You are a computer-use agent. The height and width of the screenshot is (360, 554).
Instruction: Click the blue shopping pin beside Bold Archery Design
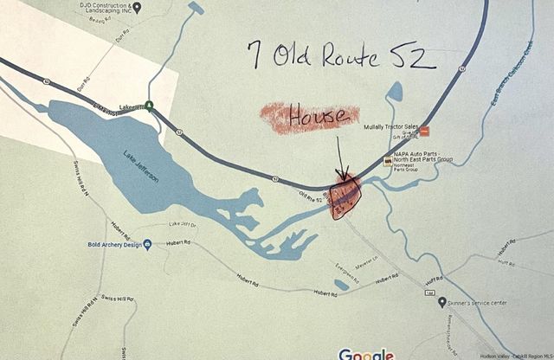pyautogui.click(x=147, y=246)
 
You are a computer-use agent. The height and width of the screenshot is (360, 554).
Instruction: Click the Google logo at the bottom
pyautogui.click(x=365, y=353)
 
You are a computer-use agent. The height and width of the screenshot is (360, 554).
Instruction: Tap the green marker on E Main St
pyautogui.click(x=150, y=106)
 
